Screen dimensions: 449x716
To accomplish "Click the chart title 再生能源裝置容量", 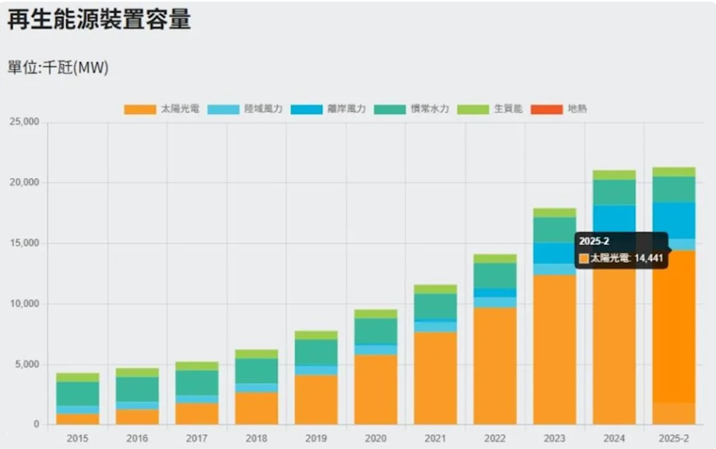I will (x=99, y=20).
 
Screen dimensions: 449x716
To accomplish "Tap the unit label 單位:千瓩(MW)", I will (x=58, y=68).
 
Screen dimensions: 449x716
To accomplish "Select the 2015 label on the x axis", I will (x=78, y=438).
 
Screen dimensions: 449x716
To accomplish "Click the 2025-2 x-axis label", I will (x=674, y=438).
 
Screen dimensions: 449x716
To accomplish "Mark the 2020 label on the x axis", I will (x=376, y=438).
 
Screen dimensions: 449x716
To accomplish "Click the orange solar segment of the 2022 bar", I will (x=495, y=366).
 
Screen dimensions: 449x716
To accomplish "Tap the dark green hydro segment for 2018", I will (x=256, y=370).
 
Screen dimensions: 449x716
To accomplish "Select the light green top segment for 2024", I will (x=614, y=175).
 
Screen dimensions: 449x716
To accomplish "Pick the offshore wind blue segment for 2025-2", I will (x=674, y=220).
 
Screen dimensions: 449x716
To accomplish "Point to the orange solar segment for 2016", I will (x=137, y=416).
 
